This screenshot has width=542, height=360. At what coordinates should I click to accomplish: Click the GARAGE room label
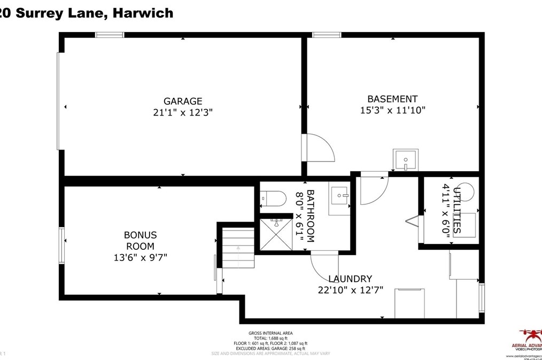click(x=183, y=101)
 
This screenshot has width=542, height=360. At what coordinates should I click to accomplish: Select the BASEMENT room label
click(x=392, y=99)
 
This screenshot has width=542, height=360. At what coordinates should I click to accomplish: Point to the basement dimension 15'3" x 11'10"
click(x=392, y=110)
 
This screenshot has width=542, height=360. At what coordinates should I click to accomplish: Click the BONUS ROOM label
click(x=140, y=240)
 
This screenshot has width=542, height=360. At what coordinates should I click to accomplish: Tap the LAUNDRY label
click(x=350, y=279)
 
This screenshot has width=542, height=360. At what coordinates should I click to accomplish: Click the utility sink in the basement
click(x=406, y=159)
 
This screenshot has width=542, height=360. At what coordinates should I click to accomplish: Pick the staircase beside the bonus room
click(x=238, y=248)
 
